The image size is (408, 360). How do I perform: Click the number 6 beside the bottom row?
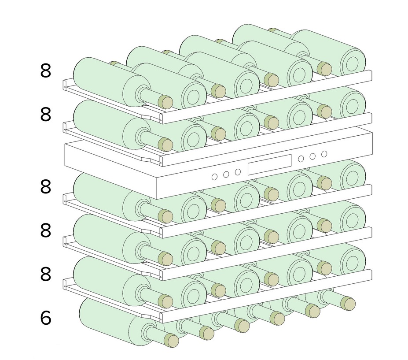pos(45,318)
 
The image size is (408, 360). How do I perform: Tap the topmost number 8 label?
pos(45,71)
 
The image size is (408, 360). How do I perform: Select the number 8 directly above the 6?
pos(45,274)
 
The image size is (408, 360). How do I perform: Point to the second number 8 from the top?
pos(45,115)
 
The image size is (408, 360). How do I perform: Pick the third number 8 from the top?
pos(45,186)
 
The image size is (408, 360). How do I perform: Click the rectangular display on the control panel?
pos(269,165)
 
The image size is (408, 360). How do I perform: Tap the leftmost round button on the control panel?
pos(214,177)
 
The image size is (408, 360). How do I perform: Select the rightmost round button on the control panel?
pos(324,154)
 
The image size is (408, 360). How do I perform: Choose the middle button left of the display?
pos(226,174)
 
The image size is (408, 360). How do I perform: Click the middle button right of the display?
pos(312,156)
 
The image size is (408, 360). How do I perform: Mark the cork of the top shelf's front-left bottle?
pos(165,102)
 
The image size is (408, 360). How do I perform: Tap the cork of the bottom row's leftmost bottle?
pos(172,340)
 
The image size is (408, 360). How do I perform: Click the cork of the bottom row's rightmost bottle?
pos(348,303)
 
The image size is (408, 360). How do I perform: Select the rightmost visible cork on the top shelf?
pos(324,69)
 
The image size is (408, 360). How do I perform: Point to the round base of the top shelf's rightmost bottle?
pos(353,62)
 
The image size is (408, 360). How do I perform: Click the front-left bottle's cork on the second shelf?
pos(165,145)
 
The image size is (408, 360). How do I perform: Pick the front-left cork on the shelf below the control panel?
pos(165,216)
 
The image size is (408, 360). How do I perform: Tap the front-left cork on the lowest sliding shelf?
pos(165,301)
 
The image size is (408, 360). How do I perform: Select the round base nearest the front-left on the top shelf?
pos(194,95)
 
